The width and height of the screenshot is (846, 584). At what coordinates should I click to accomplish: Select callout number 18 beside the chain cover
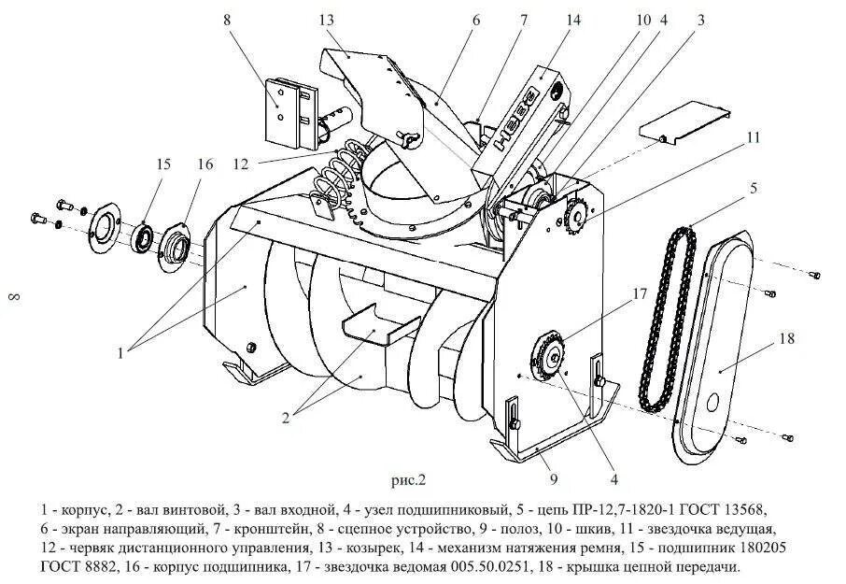[786, 339]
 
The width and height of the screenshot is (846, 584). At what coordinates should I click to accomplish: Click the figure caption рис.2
[407, 481]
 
